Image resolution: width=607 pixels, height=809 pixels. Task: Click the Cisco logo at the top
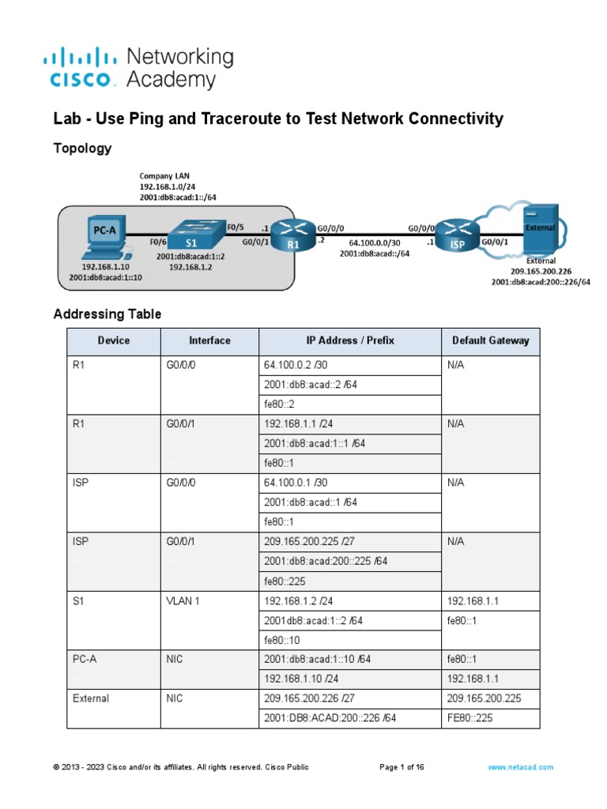[x=83, y=67]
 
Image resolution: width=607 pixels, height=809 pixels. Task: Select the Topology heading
[x=82, y=149]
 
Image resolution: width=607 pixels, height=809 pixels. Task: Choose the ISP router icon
[x=458, y=235]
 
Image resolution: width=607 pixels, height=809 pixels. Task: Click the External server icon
[x=541, y=228]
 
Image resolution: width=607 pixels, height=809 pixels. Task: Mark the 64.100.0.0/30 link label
[x=374, y=243]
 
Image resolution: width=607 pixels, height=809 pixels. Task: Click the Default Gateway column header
[x=490, y=341]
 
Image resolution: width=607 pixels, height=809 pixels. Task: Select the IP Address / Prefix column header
[x=349, y=341]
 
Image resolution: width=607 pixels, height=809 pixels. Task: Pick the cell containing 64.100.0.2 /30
[x=349, y=366]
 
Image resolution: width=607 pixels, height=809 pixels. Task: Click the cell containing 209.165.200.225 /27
[x=349, y=542]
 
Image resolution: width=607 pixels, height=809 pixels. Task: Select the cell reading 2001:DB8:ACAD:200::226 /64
[x=349, y=718]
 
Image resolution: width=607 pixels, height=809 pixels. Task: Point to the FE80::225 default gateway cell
[x=490, y=718]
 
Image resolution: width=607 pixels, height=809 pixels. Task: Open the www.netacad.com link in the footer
[x=521, y=767]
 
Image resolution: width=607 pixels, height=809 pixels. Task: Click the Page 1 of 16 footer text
[x=402, y=767]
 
